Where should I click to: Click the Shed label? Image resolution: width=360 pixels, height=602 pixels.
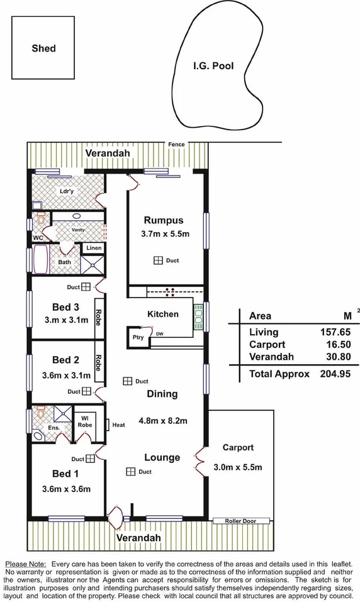43,48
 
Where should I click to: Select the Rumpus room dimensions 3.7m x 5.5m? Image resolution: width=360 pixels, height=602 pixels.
165,234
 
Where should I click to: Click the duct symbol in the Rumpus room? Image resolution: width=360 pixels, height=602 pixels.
157,260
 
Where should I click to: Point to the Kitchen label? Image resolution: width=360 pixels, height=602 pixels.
162,314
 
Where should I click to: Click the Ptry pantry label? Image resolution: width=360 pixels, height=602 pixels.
138,337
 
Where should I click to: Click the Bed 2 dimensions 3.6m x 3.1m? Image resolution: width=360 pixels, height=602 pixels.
65,376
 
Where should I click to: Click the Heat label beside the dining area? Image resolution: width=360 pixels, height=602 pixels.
119,425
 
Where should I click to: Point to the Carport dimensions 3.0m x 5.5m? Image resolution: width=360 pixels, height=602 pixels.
237,467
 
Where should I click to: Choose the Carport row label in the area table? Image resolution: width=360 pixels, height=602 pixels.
267,345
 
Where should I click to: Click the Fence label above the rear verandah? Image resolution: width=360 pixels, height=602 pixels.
176,145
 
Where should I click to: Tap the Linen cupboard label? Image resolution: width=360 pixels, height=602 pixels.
94,248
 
